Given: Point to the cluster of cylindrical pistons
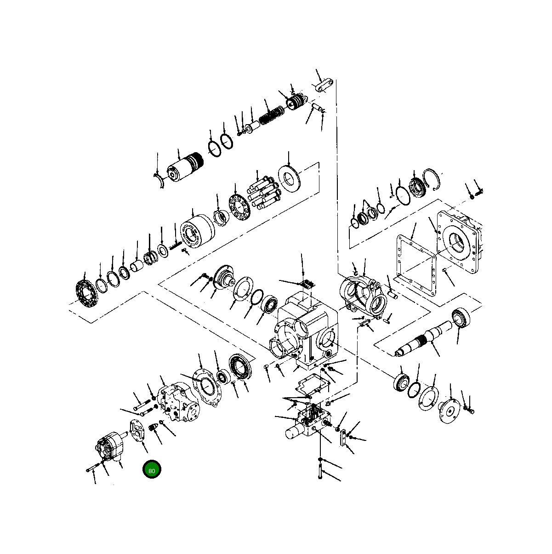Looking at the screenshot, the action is (264, 193).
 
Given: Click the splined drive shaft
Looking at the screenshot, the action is (423, 338).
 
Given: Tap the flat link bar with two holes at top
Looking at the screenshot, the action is (323, 86).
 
